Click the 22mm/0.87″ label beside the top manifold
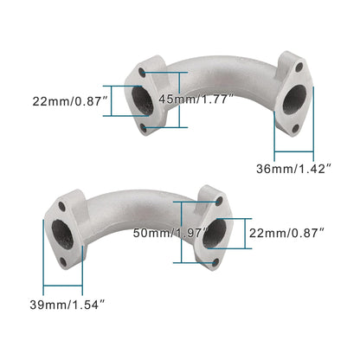pos(62,102)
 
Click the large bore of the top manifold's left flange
pos(144,100)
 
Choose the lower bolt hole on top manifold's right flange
pos(297,129)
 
